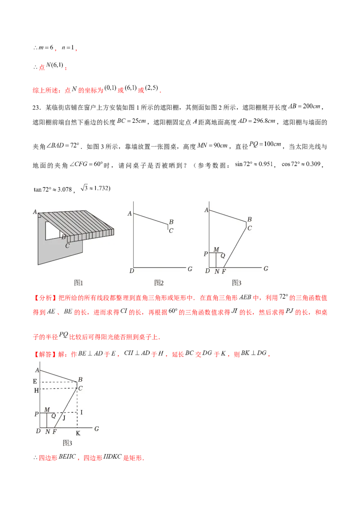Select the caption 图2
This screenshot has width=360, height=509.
(x=159, y=283)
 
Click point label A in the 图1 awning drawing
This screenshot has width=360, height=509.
(x=35, y=212)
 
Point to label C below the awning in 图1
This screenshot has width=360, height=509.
(x=67, y=246)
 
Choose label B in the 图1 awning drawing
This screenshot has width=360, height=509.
(x=63, y=237)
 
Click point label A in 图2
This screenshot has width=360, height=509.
(x=130, y=214)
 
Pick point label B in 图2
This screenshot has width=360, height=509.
(x=171, y=222)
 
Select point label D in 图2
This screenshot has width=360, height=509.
(x=131, y=271)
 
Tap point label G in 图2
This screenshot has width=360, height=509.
(x=190, y=269)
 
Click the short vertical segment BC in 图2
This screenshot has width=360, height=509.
(x=168, y=227)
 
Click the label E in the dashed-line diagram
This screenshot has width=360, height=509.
(x=36, y=381)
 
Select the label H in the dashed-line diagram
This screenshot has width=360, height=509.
(x=36, y=390)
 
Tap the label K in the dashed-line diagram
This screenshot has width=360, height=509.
(x=78, y=433)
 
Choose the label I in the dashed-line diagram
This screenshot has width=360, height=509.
(x=81, y=412)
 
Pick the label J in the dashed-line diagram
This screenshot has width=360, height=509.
(x=64, y=418)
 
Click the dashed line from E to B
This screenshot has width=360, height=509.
(x=58, y=382)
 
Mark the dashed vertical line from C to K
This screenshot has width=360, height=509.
(x=77, y=407)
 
